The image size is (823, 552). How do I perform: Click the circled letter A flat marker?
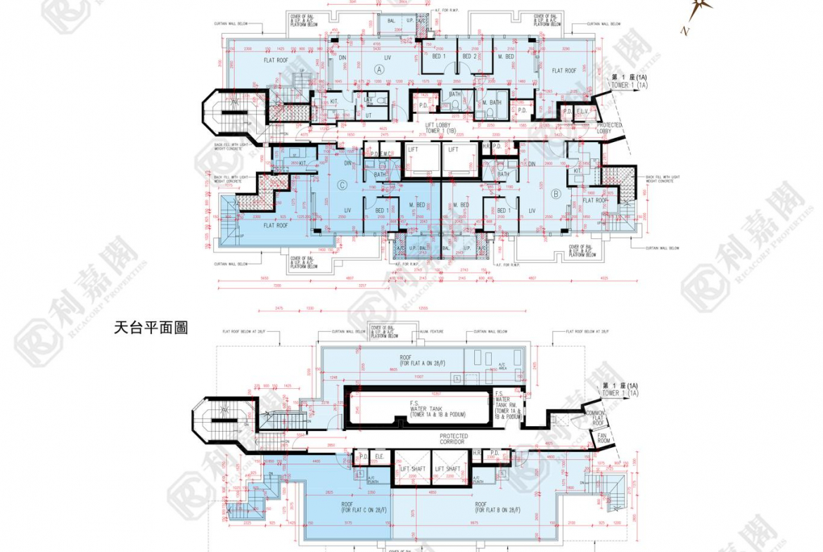coord(379,70)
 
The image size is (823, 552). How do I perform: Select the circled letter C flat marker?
coord(342,186)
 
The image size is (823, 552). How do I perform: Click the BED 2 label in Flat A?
coord(469,56)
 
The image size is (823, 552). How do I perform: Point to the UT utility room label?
coord(368,115)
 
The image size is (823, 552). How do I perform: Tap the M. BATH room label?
coord(492,103)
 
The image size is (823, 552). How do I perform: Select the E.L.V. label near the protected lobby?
coord(582,111)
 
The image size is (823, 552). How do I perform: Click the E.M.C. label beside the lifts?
coord(387,153)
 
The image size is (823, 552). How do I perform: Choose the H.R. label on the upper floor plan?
coord(486,146)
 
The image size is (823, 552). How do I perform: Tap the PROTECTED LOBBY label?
coord(608,128)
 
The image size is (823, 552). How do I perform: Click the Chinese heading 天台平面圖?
coord(150,328)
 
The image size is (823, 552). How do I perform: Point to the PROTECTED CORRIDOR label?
coord(454,439)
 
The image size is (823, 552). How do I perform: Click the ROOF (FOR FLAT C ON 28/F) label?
coord(347,508)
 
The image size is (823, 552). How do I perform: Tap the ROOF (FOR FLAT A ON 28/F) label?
coord(406,361)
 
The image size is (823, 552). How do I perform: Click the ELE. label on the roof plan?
coord(379,455)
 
